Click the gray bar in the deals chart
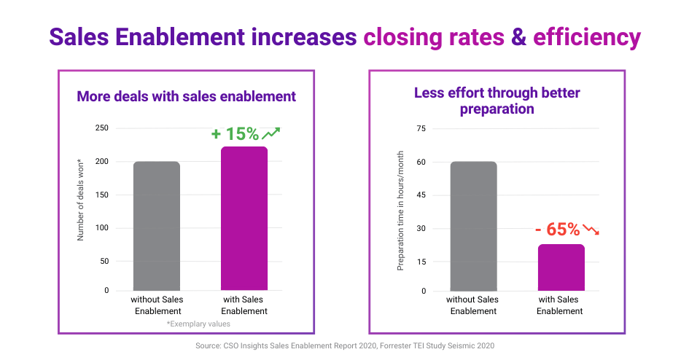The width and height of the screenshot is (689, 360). pos(157,226)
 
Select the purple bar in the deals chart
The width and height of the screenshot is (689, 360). pos(244,219)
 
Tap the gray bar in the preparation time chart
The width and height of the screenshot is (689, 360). pos(474,226)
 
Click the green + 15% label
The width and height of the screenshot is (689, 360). pos(235,134)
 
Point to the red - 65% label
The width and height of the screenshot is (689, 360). pos(557,230)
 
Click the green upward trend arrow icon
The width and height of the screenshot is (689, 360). pos(271,133)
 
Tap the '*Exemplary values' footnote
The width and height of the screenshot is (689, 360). pos(198,323)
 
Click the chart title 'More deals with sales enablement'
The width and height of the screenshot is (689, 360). pos(186,96)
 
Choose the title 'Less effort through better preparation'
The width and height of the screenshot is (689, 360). pos(497,101)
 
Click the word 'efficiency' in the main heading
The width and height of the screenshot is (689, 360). pos(587,36)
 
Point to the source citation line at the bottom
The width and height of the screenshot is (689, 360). pos(345,345)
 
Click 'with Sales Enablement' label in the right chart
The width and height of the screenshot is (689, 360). pos(560,305)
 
